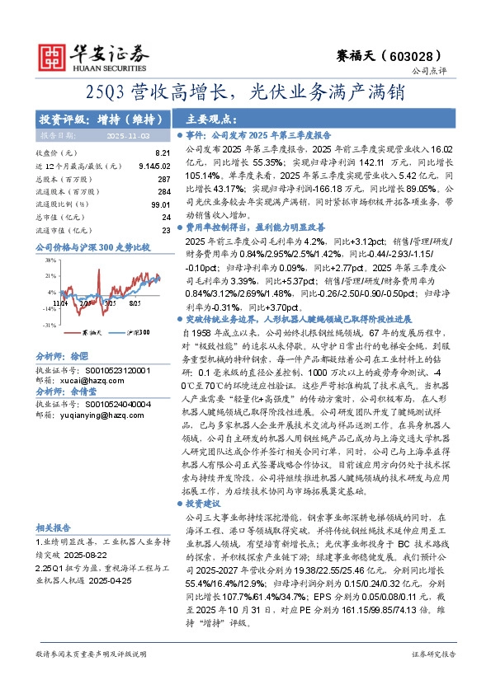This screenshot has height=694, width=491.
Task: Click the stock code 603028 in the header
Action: click(428, 55)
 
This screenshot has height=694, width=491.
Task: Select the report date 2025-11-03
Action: click(127, 134)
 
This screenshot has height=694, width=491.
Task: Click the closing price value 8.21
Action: click(163, 153)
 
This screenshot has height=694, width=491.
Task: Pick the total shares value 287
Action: click(163, 179)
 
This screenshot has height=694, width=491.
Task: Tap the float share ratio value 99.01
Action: click(160, 204)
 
